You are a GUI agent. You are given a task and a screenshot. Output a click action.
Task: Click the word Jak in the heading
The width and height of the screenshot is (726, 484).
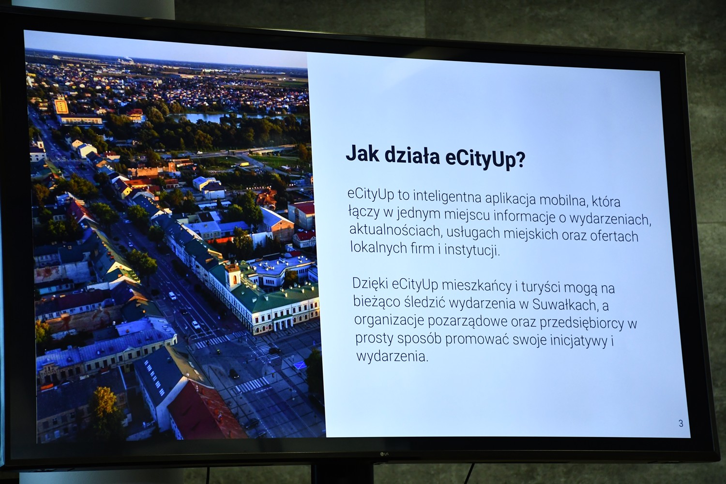[363, 153]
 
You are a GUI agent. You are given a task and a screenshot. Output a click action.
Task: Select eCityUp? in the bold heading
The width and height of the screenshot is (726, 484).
[485, 159]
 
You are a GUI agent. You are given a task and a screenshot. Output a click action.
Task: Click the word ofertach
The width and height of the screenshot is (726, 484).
[614, 236]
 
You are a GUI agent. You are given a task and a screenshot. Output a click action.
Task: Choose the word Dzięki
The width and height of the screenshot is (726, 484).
[370, 283]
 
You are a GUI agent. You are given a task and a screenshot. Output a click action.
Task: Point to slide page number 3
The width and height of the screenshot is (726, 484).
[681, 423]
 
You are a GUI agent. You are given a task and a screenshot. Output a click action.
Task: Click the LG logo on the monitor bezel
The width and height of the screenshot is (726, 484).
[384, 454]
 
